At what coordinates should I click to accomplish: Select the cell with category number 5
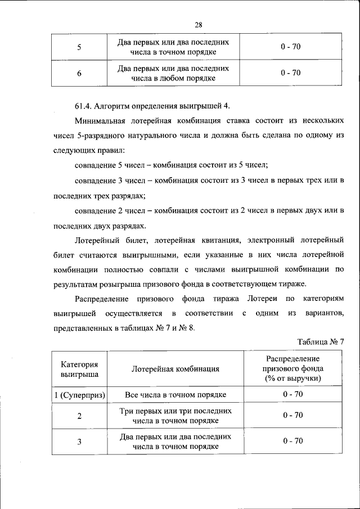point(79,47)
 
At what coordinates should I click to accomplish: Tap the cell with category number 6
point(79,73)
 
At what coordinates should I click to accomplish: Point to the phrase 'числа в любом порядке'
point(174,78)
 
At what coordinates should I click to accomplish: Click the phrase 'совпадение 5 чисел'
point(106,166)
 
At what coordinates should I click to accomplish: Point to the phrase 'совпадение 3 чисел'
point(106,181)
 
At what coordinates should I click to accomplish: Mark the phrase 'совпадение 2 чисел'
point(106,210)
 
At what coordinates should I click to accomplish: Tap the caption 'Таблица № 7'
point(319,343)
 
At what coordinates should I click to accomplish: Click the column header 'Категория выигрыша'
point(79,368)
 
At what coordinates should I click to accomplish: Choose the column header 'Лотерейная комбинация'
point(175,369)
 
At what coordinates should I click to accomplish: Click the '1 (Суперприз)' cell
point(79,395)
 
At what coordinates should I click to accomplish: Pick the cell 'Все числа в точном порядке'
point(175,395)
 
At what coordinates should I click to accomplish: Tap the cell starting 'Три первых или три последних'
point(175,416)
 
